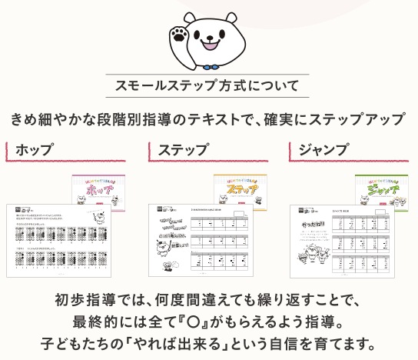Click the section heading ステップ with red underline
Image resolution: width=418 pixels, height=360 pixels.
[x=183, y=150]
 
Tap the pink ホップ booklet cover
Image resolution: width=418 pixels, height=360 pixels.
[x=99, y=192]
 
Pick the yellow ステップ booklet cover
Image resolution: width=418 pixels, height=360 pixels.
[x=241, y=192]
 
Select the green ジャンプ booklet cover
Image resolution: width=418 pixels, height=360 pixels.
[x=382, y=192]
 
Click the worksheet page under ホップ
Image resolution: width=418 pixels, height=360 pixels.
[x=58, y=240]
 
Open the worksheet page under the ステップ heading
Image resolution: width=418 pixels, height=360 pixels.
[x=200, y=240]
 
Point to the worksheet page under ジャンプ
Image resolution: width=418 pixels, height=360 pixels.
[x=341, y=240]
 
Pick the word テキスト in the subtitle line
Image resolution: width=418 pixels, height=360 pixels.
[x=234, y=120]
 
